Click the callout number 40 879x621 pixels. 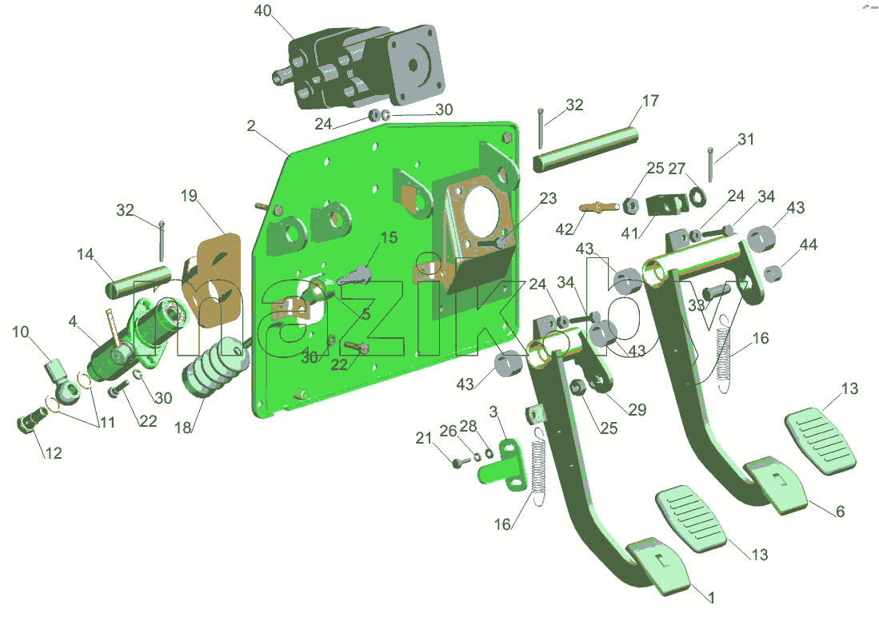click(263, 10)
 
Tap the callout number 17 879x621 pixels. click(650, 101)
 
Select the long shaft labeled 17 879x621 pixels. click(585, 149)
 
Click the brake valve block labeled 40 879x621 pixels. click(360, 67)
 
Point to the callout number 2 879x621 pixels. click(251, 125)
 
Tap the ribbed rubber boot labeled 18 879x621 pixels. click(217, 367)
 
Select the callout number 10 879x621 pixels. click(20, 332)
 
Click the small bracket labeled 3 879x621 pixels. click(502, 462)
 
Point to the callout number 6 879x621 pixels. click(840, 512)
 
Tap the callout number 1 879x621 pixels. click(711, 598)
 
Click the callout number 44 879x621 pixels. click(809, 245)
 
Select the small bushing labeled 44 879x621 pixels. click(773, 273)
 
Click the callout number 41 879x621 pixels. click(629, 233)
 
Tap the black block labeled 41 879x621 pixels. click(668, 205)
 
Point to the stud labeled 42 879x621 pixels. click(598, 208)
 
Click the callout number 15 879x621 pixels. click(389, 237)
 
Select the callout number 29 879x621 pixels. click(637, 409)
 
